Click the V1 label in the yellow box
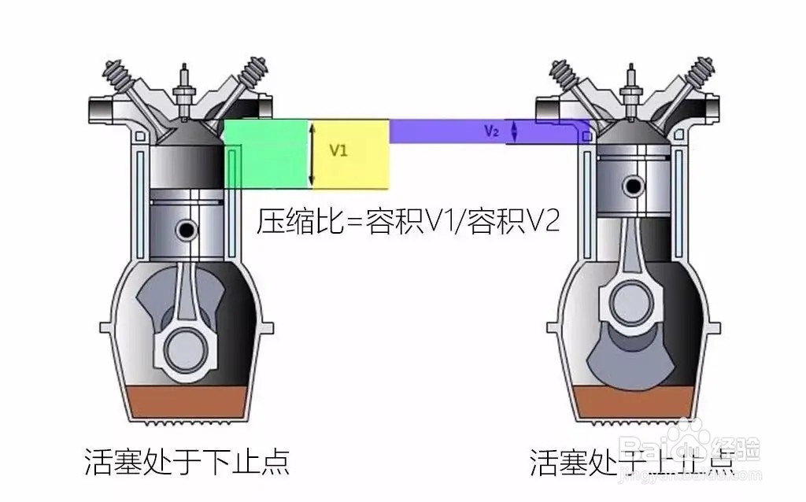[x=338, y=151]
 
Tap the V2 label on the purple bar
[x=491, y=132]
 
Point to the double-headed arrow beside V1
[x=312, y=154]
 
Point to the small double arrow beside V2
[x=515, y=131]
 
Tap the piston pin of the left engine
[x=187, y=230]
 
